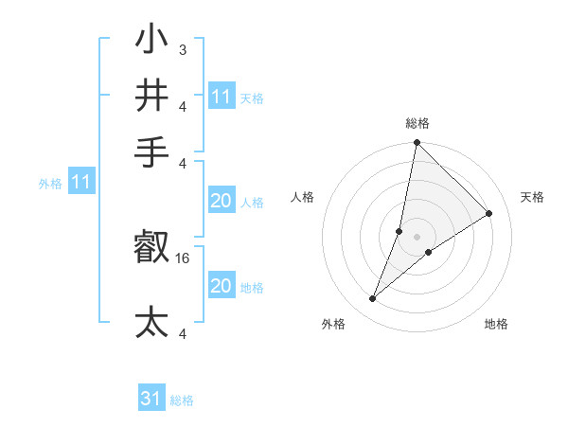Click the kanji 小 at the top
[x=151, y=42]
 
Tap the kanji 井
[x=151, y=96]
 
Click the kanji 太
[x=151, y=322]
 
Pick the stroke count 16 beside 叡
[x=184, y=258]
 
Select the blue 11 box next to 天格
[x=222, y=97]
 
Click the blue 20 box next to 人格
[x=222, y=201]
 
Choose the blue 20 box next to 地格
[x=222, y=286]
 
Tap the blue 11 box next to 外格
[x=81, y=182]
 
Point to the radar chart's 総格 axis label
[x=417, y=123]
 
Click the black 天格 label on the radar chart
[x=533, y=197]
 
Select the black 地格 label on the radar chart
[x=496, y=324]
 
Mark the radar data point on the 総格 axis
[x=417, y=143]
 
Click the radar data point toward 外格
[x=373, y=299]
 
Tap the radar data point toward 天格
[x=489, y=214]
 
